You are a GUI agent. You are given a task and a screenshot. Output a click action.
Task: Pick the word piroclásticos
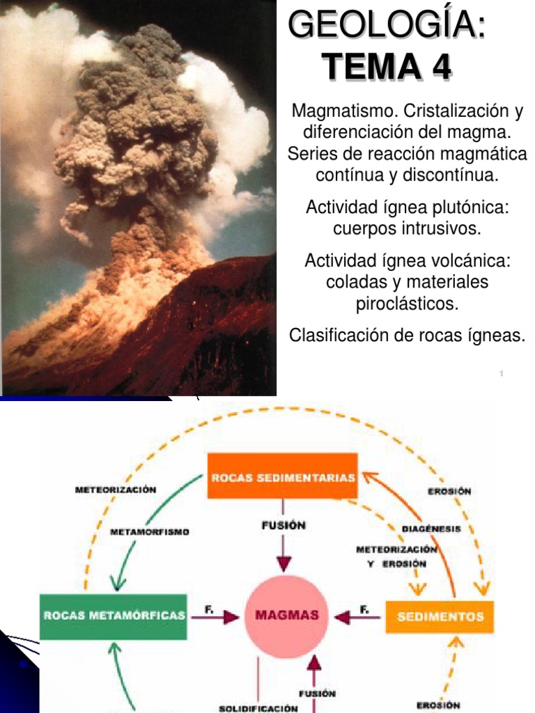pos(407,304)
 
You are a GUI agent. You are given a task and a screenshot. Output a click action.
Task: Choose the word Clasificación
pos(336,336)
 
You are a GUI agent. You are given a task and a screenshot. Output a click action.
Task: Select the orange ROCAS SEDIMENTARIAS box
pos(283,476)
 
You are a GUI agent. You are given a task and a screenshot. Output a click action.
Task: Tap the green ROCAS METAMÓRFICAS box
pos(114,616)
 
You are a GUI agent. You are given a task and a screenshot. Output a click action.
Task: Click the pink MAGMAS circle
pos(286,616)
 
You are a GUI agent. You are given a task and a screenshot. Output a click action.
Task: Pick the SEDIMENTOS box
pos(440,616)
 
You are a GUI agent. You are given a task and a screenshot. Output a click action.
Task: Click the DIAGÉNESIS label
pos(431,528)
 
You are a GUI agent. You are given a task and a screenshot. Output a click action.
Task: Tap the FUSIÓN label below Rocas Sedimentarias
pos(284,526)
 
